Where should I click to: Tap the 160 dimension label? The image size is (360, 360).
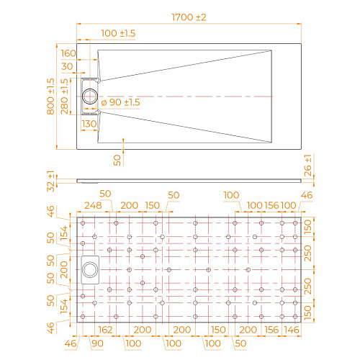click(x=68, y=53)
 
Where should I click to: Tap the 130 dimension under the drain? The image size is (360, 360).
click(x=89, y=123)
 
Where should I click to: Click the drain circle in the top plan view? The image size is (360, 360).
click(x=92, y=95)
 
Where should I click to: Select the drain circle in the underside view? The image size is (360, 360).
click(x=91, y=269)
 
